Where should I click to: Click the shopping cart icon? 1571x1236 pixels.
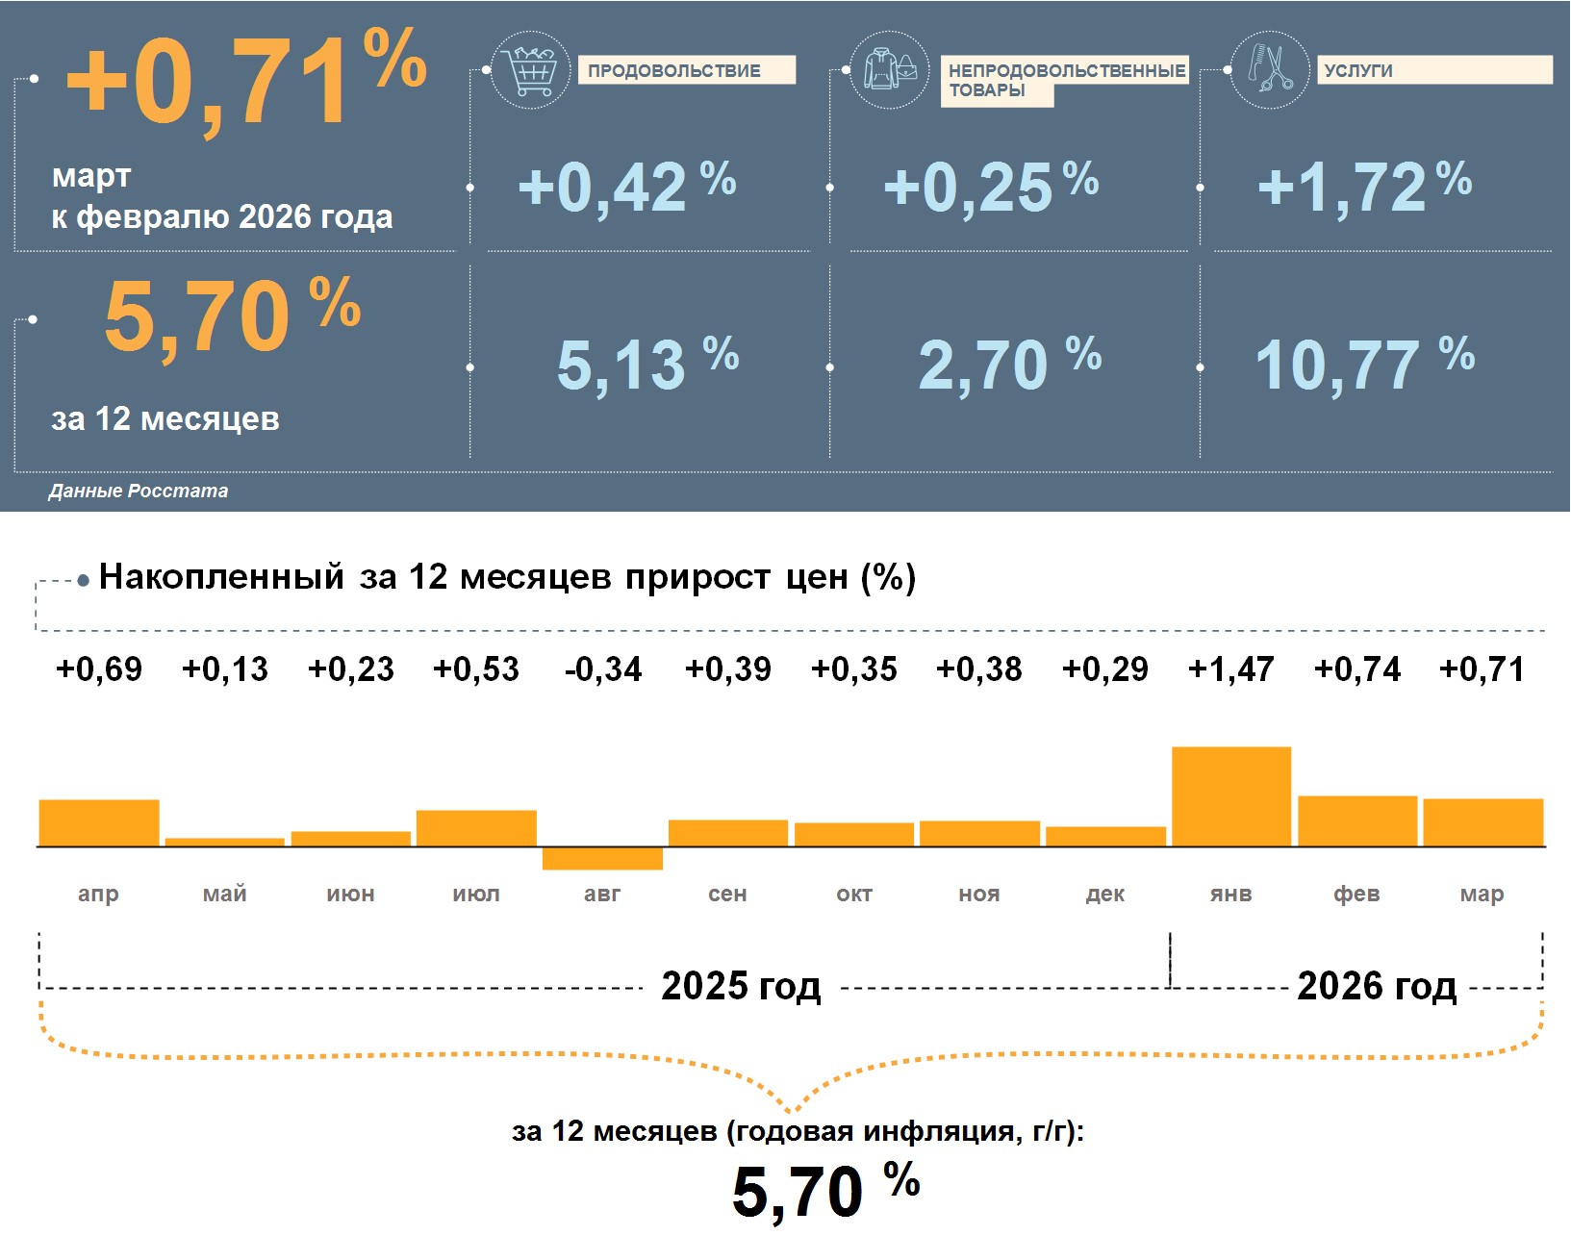[x=530, y=70]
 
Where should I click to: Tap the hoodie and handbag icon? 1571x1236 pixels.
[x=890, y=70]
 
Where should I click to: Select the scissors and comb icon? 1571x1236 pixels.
[x=1270, y=69]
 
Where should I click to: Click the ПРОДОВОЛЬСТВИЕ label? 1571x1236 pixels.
[x=686, y=70]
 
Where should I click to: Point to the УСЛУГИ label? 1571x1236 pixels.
[x=1433, y=70]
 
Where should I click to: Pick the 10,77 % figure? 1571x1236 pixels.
[x=1364, y=365]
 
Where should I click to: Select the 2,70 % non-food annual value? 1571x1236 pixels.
[x=1009, y=365]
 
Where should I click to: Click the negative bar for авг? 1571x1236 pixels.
[x=602, y=858]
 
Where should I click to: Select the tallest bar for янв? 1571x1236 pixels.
[x=1231, y=796]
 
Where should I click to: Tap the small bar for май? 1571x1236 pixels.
[x=225, y=842]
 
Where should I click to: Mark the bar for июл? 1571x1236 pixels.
[x=476, y=828]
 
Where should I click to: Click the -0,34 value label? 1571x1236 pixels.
[x=603, y=669]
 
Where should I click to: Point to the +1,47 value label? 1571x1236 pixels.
[x=1231, y=669]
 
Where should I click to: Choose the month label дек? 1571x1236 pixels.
[x=1105, y=894]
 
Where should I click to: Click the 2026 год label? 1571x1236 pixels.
[x=1377, y=986]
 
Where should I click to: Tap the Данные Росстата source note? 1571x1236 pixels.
[x=139, y=491]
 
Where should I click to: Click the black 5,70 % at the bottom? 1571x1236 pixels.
[x=825, y=1191]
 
